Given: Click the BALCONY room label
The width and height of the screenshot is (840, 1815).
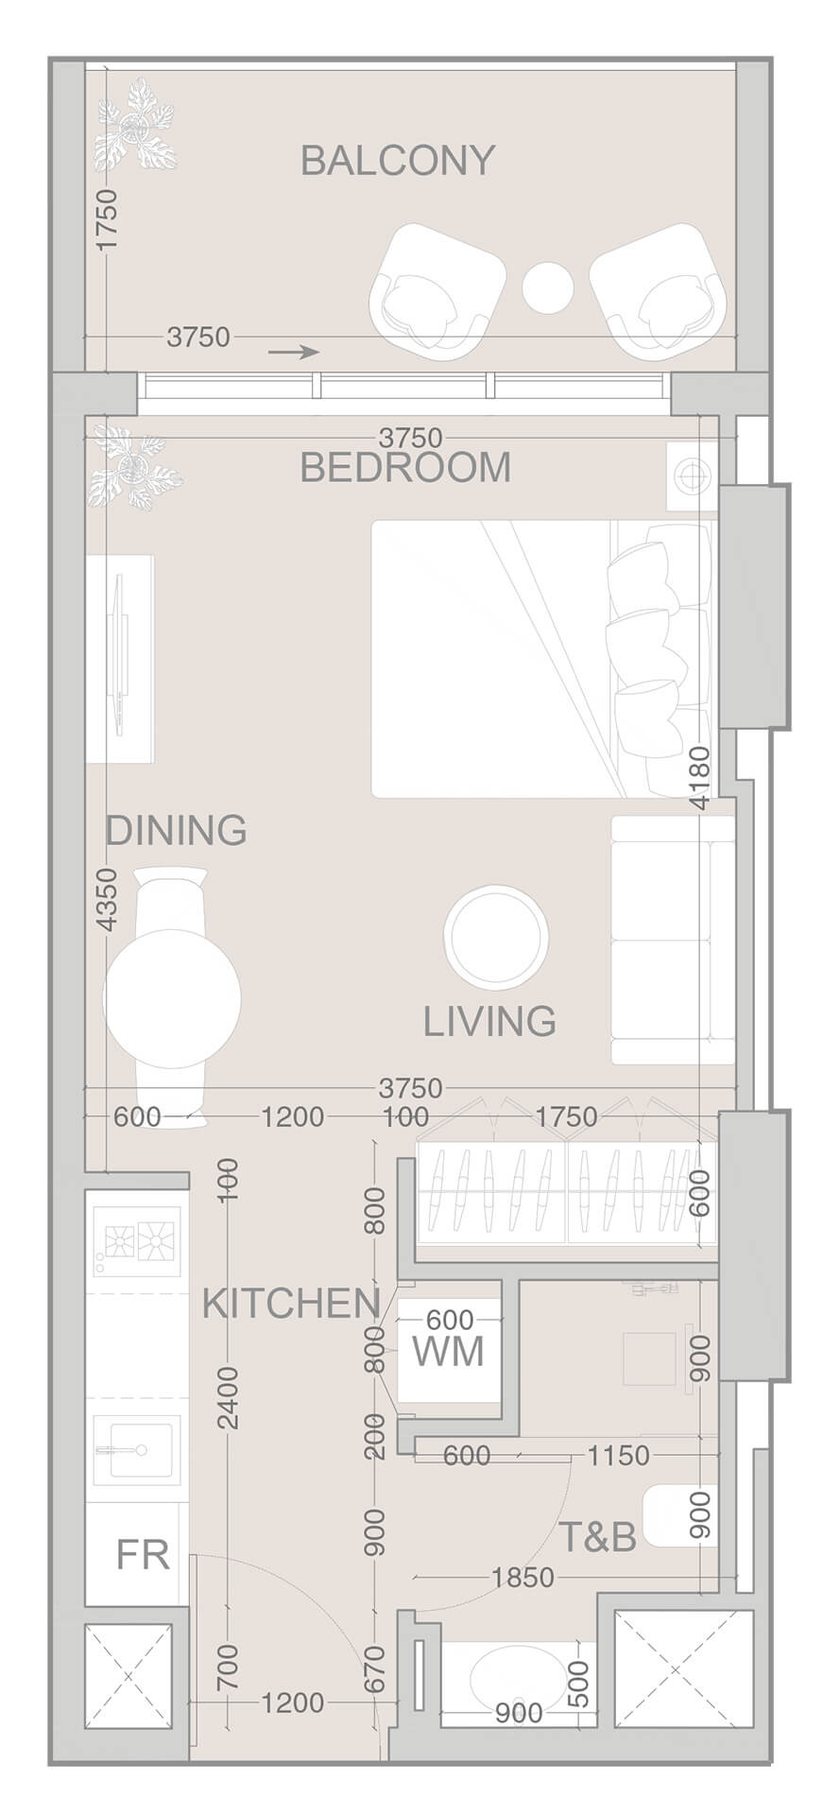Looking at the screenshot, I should click(x=398, y=162).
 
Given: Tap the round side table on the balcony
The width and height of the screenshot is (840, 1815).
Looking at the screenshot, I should click(x=548, y=286).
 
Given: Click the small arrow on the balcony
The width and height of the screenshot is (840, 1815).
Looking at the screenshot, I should click(x=294, y=353).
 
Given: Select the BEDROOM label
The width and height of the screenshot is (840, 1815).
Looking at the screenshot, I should click(x=405, y=468).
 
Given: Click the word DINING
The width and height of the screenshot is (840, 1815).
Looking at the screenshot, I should click(x=176, y=831).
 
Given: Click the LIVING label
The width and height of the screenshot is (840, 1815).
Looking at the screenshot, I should click(x=489, y=1022).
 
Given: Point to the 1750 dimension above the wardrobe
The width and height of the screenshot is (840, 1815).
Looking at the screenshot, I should click(x=566, y=1116).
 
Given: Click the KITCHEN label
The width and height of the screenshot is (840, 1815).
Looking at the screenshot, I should click(x=291, y=1305).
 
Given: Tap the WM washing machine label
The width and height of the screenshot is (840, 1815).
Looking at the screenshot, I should click(x=449, y=1352).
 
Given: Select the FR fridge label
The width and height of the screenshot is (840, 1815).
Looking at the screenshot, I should click(x=143, y=1554).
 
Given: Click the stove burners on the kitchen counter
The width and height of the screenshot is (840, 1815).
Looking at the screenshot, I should click(x=138, y=1241).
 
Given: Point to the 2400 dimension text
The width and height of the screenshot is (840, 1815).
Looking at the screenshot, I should click(x=228, y=1397).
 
